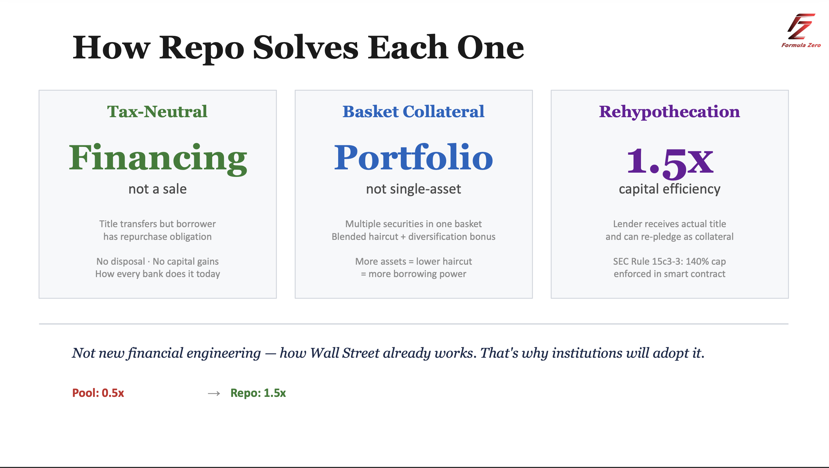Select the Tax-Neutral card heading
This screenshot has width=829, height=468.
click(x=157, y=112)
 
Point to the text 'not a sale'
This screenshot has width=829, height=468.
click(x=158, y=189)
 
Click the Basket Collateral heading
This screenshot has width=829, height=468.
click(x=414, y=112)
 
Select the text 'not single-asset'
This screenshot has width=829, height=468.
click(x=414, y=189)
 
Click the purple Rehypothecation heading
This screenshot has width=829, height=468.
click(x=669, y=112)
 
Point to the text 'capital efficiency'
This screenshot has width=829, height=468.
click(x=669, y=190)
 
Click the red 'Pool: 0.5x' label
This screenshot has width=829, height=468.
click(x=98, y=393)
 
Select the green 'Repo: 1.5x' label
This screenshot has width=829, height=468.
click(x=258, y=393)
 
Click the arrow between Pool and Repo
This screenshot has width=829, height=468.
click(x=214, y=394)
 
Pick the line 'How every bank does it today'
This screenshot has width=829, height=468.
click(x=158, y=274)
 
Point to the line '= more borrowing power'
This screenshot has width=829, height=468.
click(x=414, y=274)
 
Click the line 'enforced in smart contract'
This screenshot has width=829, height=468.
click(x=669, y=274)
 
